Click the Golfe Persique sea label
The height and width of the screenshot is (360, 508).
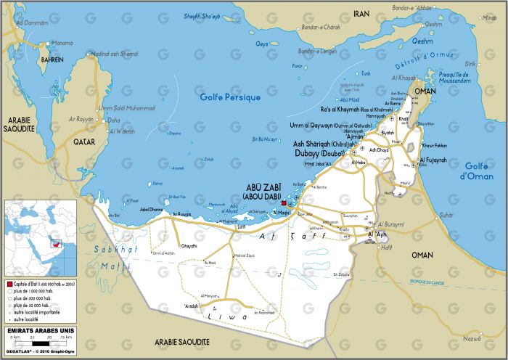tap(230, 97)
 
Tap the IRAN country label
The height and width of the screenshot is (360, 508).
tap(361, 14)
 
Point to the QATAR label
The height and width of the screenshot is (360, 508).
tap(86, 142)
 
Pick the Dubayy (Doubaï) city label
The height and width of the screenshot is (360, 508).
tap(319, 153)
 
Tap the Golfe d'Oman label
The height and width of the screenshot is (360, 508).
tap(480, 171)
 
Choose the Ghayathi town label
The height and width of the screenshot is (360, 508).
tap(189, 246)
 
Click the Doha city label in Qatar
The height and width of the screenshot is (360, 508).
tap(113, 120)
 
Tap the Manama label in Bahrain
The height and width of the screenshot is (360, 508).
tap(62, 43)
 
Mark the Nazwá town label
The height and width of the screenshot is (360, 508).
tap(472, 338)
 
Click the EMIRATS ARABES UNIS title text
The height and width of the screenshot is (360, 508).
tap(35, 330)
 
